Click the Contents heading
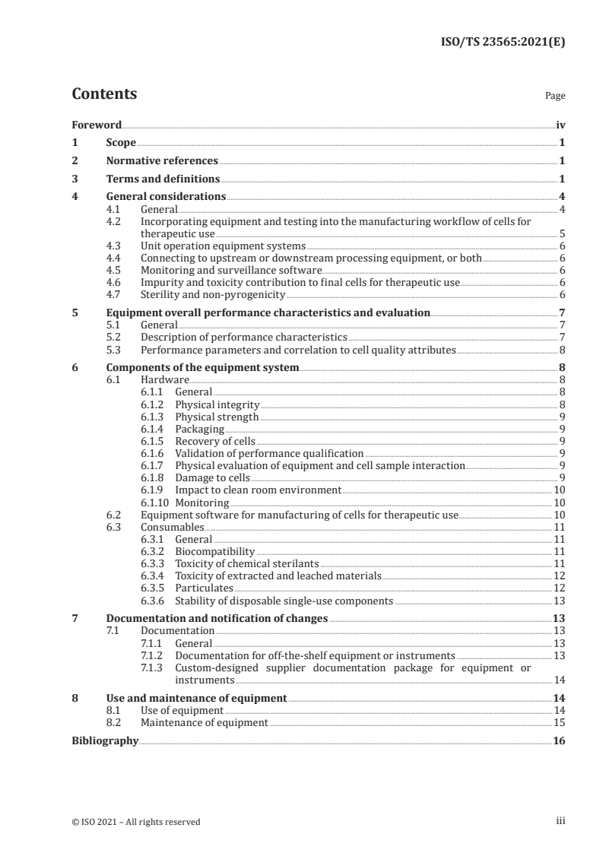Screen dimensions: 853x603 (x=104, y=94)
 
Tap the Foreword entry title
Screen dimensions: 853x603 (x=97, y=125)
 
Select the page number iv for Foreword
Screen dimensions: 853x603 (x=560, y=125)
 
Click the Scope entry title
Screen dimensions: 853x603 (x=121, y=143)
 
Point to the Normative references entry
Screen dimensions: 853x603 (x=162, y=161)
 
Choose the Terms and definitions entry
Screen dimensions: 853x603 (x=163, y=179)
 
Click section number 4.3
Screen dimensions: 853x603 (x=115, y=246)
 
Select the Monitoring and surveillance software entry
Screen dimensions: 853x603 (x=231, y=270)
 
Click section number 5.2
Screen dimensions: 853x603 (x=115, y=337)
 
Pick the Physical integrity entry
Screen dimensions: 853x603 (x=217, y=404)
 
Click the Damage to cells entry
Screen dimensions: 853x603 (x=212, y=477)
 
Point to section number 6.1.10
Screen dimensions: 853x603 (x=155, y=503)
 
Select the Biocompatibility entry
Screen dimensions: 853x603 (x=215, y=551)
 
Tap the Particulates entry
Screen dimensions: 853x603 (x=205, y=588)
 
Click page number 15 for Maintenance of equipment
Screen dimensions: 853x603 (x=559, y=722)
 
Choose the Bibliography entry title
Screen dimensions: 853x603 (x=105, y=740)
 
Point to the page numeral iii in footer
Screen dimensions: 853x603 (x=560, y=821)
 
